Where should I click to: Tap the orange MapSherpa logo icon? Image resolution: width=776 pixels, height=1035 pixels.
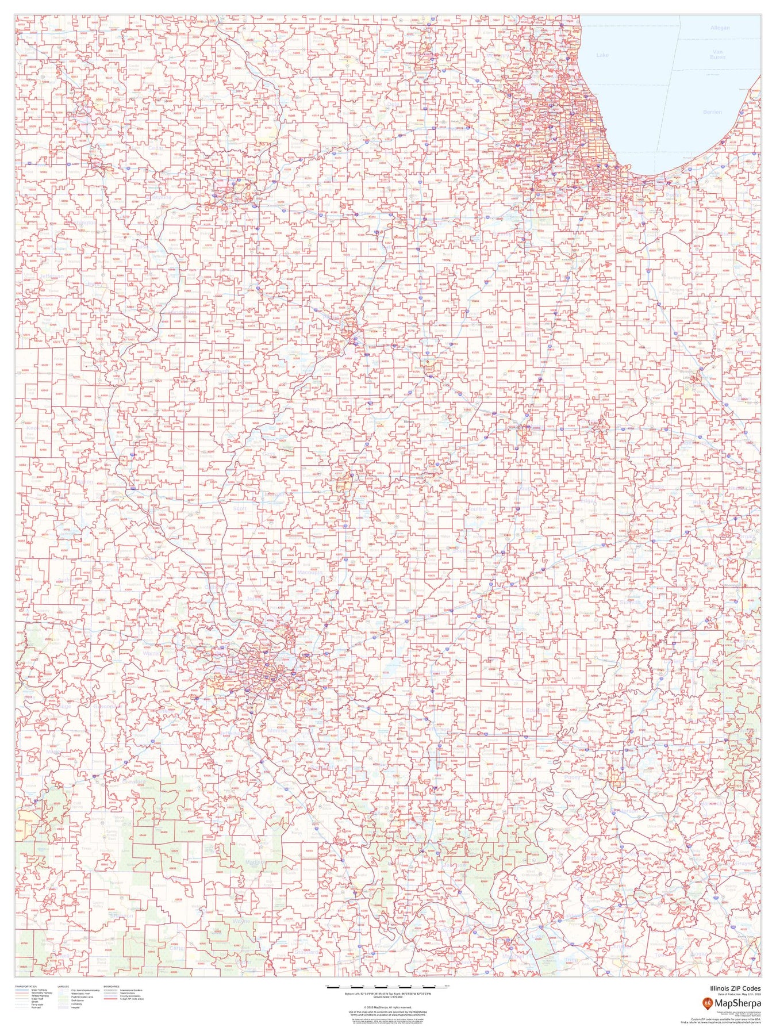coord(706,1003)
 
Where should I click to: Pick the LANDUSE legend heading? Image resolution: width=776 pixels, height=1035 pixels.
coord(63,986)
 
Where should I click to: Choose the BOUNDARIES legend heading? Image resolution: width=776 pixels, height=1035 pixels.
coord(112,986)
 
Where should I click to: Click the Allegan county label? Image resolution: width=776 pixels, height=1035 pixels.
coord(720,28)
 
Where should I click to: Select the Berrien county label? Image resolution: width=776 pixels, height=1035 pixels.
coord(712,112)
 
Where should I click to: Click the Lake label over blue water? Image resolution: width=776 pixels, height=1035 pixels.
coord(602,55)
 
